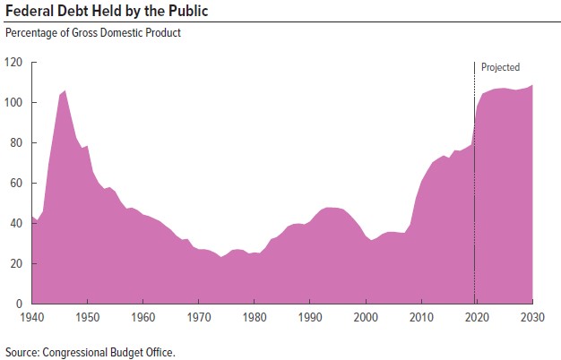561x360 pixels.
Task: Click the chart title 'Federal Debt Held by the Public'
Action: (x=108, y=12)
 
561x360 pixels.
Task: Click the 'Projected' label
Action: (x=500, y=67)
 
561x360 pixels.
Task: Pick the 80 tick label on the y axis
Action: (x=15, y=143)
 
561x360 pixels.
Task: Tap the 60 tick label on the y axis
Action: (x=15, y=184)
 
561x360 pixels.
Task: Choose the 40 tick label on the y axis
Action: (x=15, y=224)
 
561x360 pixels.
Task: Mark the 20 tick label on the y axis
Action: (x=15, y=264)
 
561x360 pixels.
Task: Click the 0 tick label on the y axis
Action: (x=18, y=304)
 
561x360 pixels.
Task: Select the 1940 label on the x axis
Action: (x=32, y=317)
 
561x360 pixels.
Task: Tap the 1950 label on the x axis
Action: (x=88, y=317)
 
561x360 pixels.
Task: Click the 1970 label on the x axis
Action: (x=199, y=317)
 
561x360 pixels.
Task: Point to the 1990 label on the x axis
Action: (x=310, y=317)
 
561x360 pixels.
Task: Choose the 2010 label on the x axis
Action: (x=421, y=317)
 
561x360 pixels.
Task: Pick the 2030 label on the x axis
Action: (x=532, y=317)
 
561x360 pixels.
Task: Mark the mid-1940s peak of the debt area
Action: (x=65, y=91)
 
